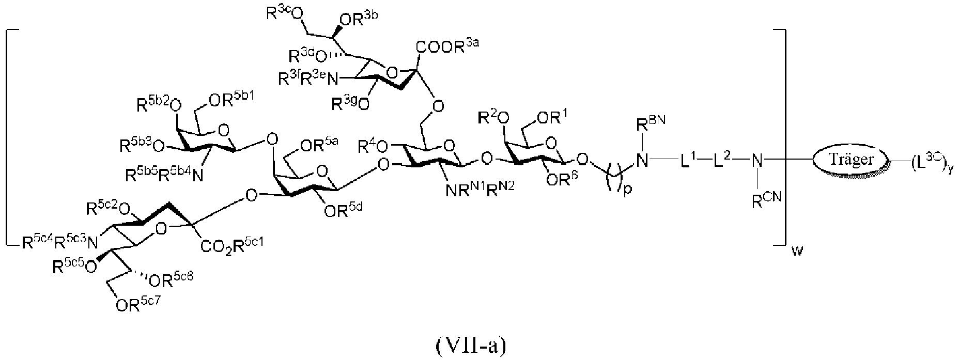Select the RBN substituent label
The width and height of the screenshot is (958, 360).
pos(644,124)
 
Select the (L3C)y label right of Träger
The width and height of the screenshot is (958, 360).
pos(928,162)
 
